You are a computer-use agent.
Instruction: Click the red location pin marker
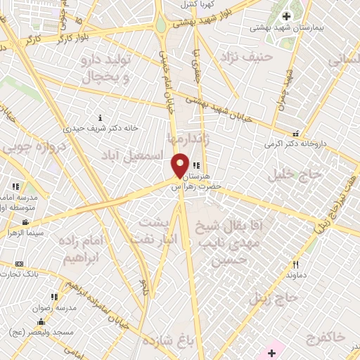coord(180,165)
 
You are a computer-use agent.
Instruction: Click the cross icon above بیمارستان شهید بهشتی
coord(286,15)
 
